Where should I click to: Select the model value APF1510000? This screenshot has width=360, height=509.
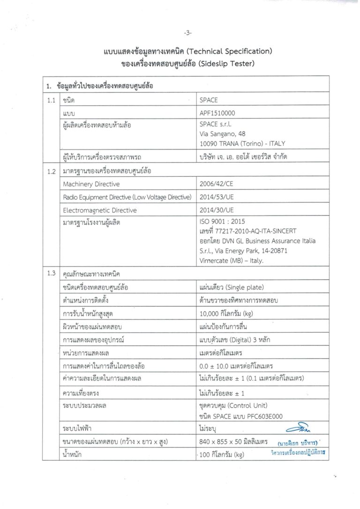point(217,113)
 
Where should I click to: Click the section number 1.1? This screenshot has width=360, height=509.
point(51,100)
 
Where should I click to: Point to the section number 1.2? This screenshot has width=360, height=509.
point(51,172)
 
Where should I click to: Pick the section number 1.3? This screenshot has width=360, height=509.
point(51,273)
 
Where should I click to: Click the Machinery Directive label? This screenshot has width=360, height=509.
point(91,184)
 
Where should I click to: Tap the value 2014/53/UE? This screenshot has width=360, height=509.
point(215,197)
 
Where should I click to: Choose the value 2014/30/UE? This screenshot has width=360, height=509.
point(215,210)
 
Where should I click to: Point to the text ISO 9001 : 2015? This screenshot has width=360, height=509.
point(222,222)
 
